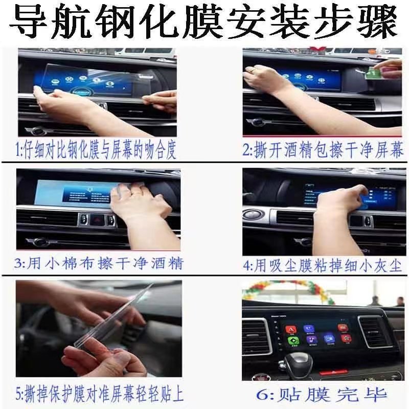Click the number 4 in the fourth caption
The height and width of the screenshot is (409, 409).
(247, 266)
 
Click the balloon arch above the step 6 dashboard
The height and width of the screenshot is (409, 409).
(286, 289)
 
